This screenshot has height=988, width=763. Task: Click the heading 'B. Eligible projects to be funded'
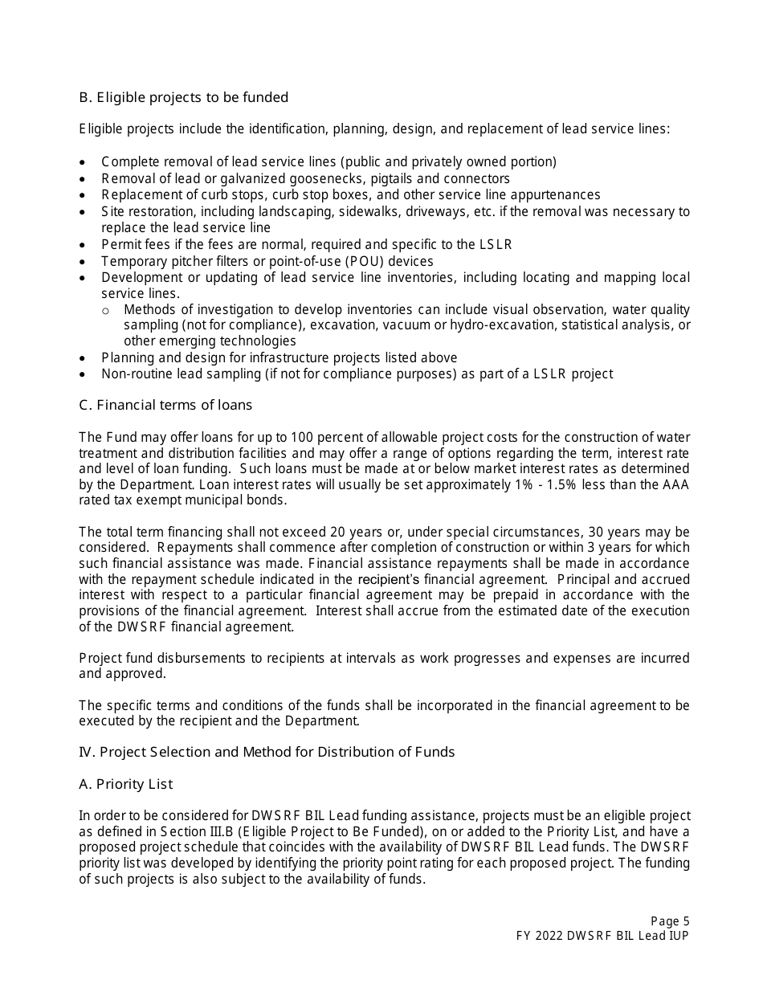(183, 98)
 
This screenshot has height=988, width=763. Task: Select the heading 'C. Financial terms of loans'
(165, 405)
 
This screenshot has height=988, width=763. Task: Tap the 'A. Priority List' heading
(125, 784)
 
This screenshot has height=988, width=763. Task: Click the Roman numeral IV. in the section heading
(87, 753)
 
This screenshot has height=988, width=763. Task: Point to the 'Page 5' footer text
(670, 921)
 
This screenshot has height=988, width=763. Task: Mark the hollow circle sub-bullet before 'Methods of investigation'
(106, 310)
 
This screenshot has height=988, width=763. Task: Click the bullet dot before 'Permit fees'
(83, 245)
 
